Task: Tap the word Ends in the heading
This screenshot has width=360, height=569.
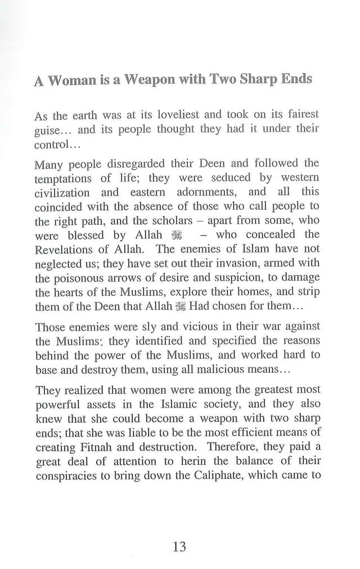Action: pos(293,80)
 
